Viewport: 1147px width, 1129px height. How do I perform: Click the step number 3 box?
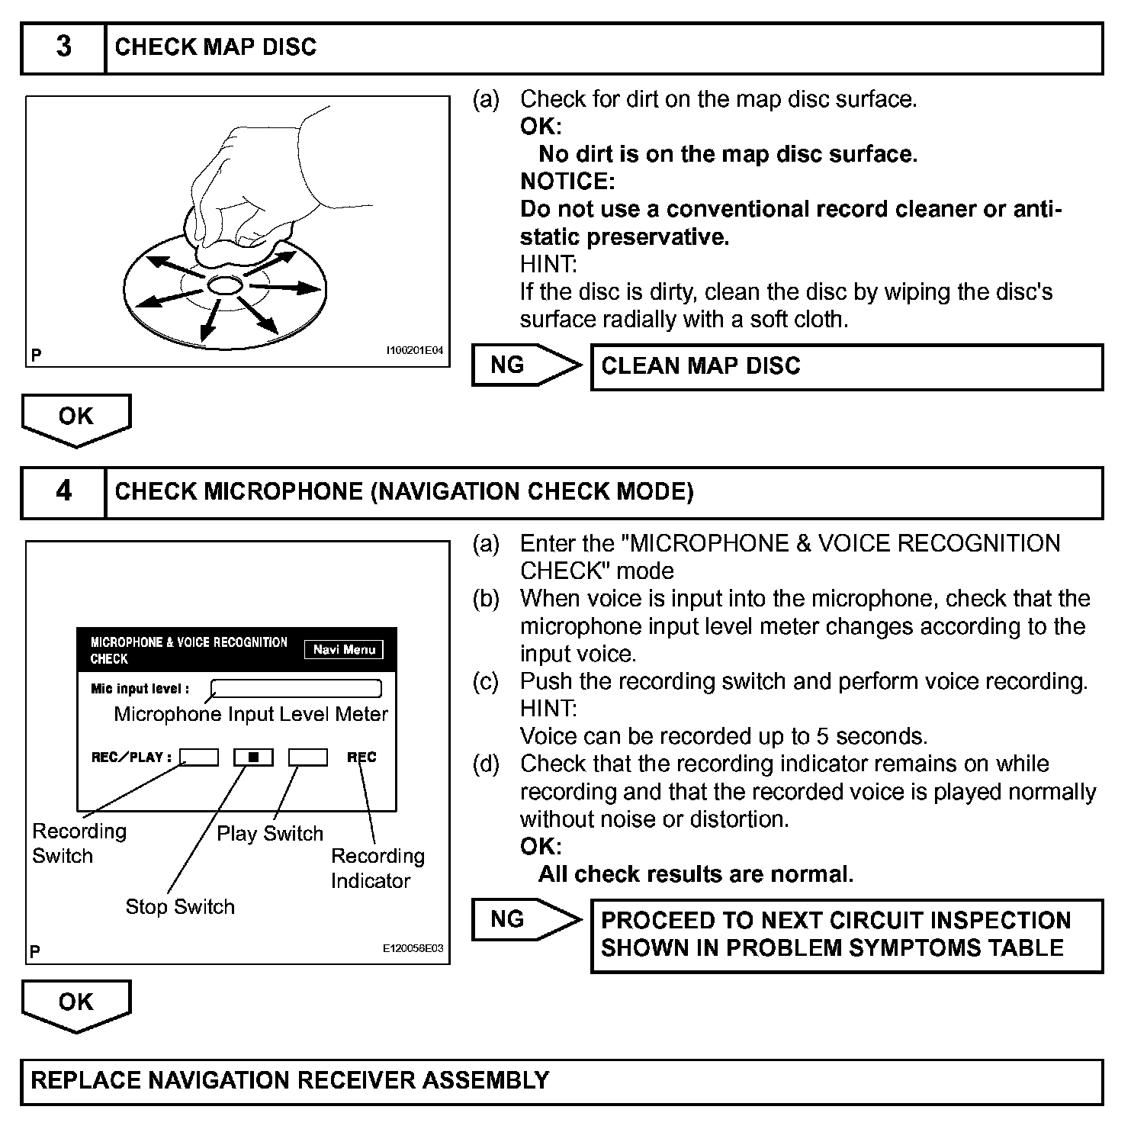(63, 47)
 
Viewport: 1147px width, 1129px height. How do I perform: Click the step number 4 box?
(63, 492)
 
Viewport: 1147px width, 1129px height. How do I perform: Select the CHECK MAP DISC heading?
(215, 47)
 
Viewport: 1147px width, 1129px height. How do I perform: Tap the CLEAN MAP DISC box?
(847, 367)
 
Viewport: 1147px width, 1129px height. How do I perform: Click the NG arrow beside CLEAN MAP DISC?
(525, 365)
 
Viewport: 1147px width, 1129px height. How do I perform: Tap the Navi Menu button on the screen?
(344, 650)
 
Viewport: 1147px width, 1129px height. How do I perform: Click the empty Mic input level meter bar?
(296, 689)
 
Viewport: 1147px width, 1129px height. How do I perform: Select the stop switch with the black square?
(253, 757)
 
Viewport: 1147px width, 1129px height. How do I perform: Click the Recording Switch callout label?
(79, 843)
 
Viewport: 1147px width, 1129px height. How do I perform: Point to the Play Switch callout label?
(270, 833)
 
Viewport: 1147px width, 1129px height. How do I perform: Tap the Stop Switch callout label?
(180, 906)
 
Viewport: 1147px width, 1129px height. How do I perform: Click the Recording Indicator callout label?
(378, 868)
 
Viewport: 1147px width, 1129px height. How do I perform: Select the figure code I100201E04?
(413, 351)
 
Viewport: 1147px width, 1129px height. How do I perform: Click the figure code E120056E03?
(413, 949)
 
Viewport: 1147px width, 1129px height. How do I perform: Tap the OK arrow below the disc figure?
(76, 418)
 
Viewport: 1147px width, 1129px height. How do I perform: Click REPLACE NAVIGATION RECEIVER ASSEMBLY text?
(290, 1081)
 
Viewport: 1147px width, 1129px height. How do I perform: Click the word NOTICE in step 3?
(567, 182)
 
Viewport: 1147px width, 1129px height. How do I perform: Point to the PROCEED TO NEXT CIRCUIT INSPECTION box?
(847, 935)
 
